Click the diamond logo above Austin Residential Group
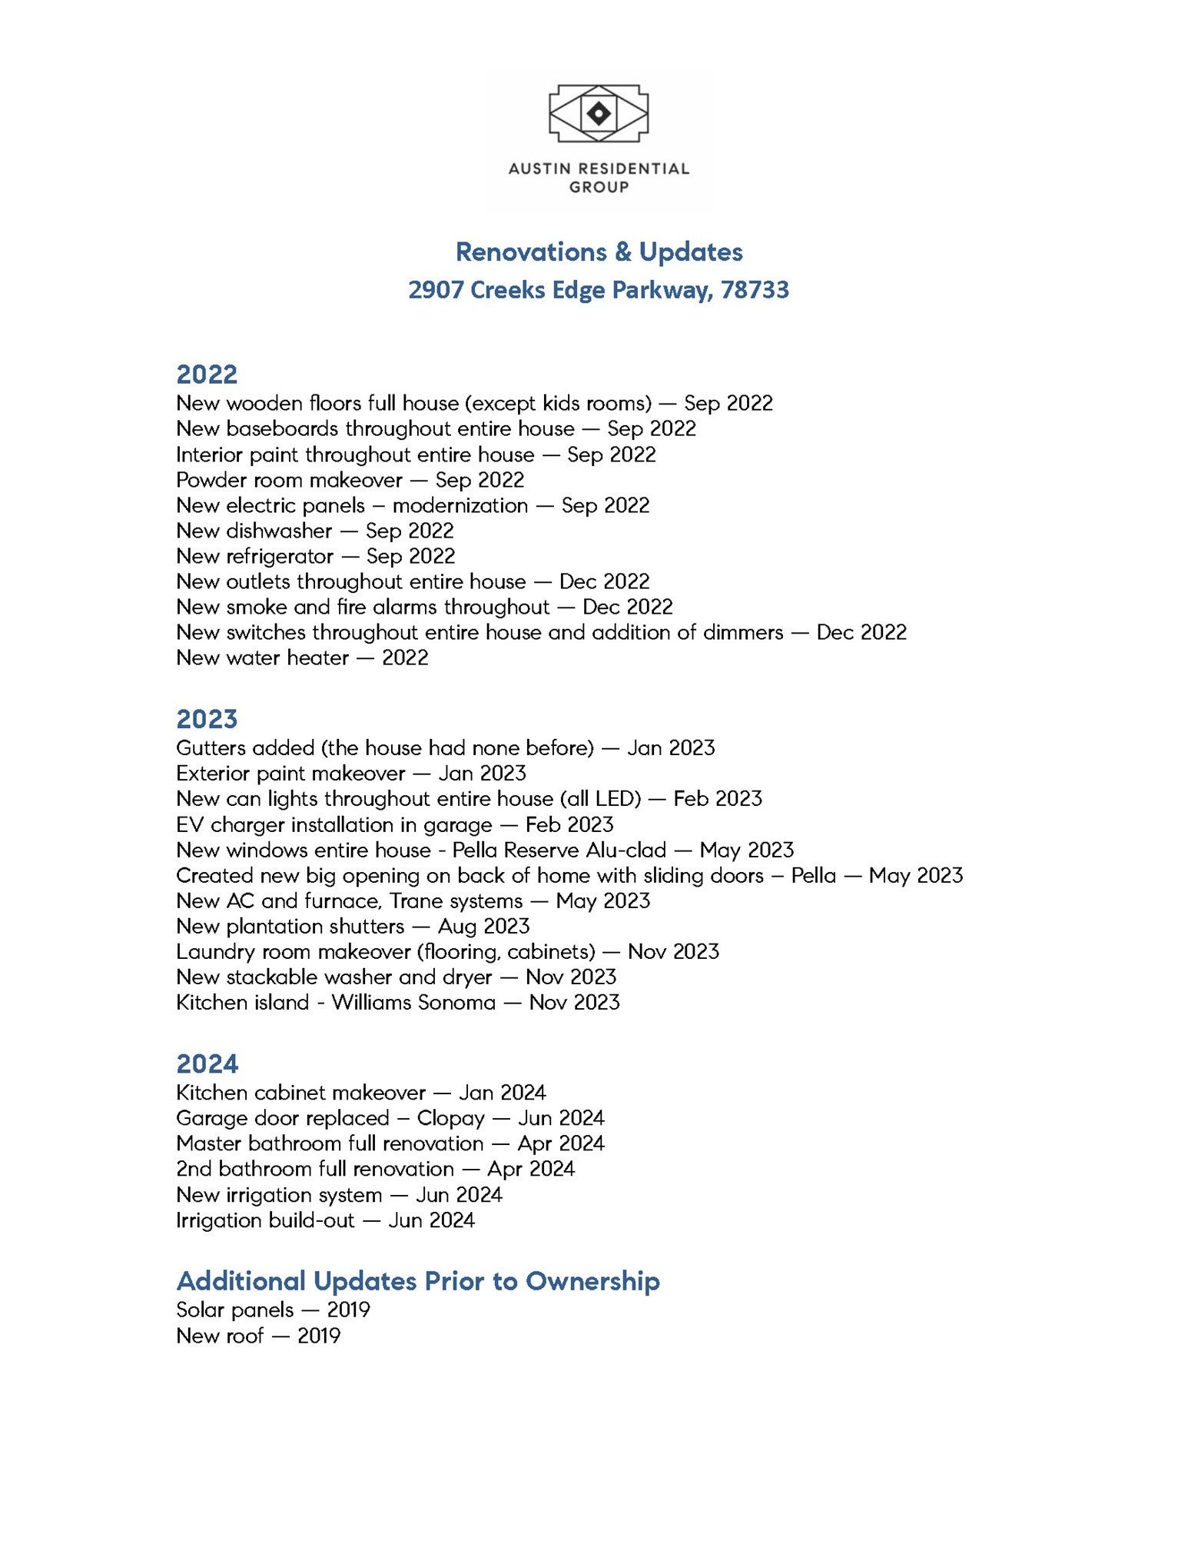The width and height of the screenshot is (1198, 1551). pos(599,114)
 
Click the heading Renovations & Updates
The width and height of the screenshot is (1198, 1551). pos(599,252)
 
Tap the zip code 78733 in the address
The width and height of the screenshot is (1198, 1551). pos(755,290)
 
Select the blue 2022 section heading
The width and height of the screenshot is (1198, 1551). pos(207,374)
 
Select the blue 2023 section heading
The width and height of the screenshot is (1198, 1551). pos(207,719)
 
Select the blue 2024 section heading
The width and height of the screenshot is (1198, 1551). pos(207,1063)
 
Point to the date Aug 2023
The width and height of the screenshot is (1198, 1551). pos(483,926)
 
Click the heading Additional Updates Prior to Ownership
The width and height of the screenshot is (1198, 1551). pos(418,1281)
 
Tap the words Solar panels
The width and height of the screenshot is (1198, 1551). pos(234,1310)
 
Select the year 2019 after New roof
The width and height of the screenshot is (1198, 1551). pos(319,1336)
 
